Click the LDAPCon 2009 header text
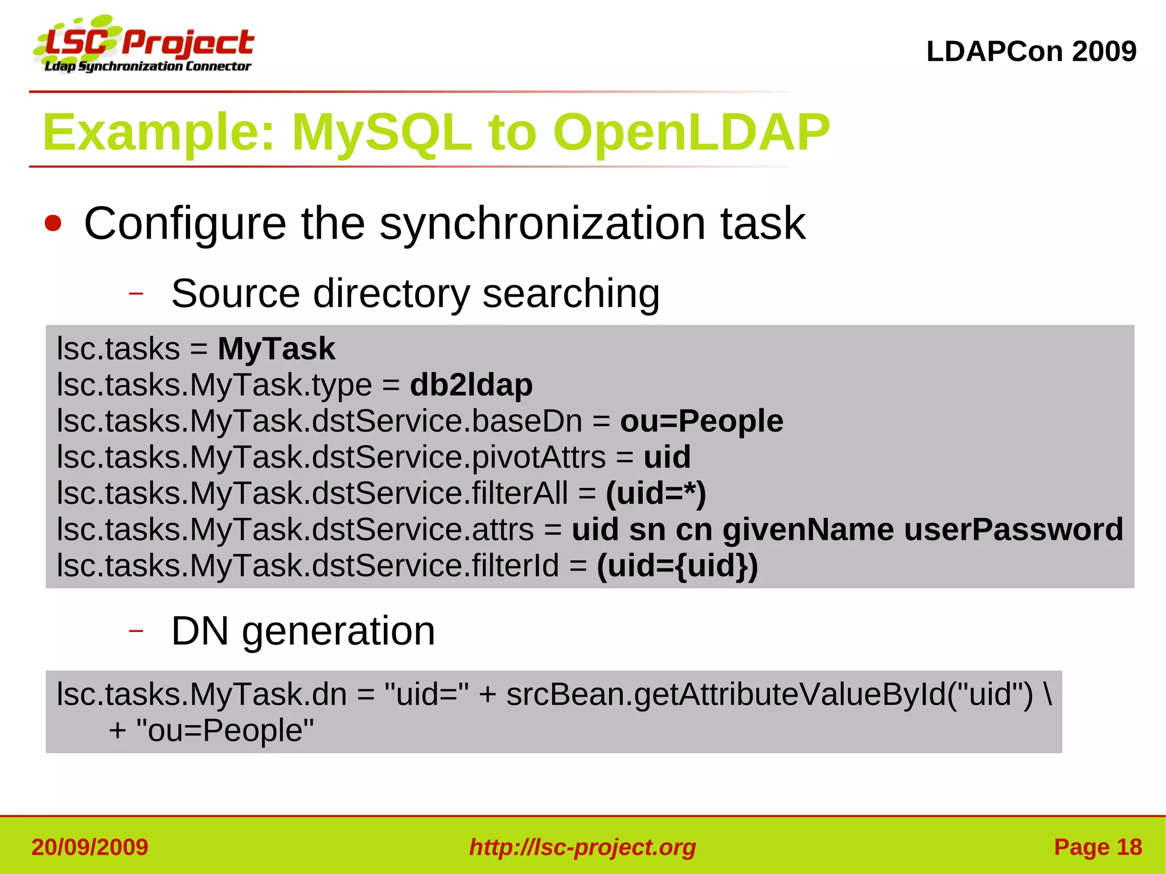click(x=1031, y=51)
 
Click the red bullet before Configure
click(x=53, y=223)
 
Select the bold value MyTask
click(x=276, y=348)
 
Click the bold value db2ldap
click(x=471, y=385)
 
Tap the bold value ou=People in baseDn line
click(x=701, y=421)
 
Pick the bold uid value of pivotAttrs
click(x=667, y=457)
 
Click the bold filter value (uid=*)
click(x=656, y=493)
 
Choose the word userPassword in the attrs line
click(x=1013, y=530)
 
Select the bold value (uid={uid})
click(x=678, y=565)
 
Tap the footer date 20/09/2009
click(x=90, y=847)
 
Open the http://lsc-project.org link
click(x=582, y=847)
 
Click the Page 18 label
click(x=1098, y=847)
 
